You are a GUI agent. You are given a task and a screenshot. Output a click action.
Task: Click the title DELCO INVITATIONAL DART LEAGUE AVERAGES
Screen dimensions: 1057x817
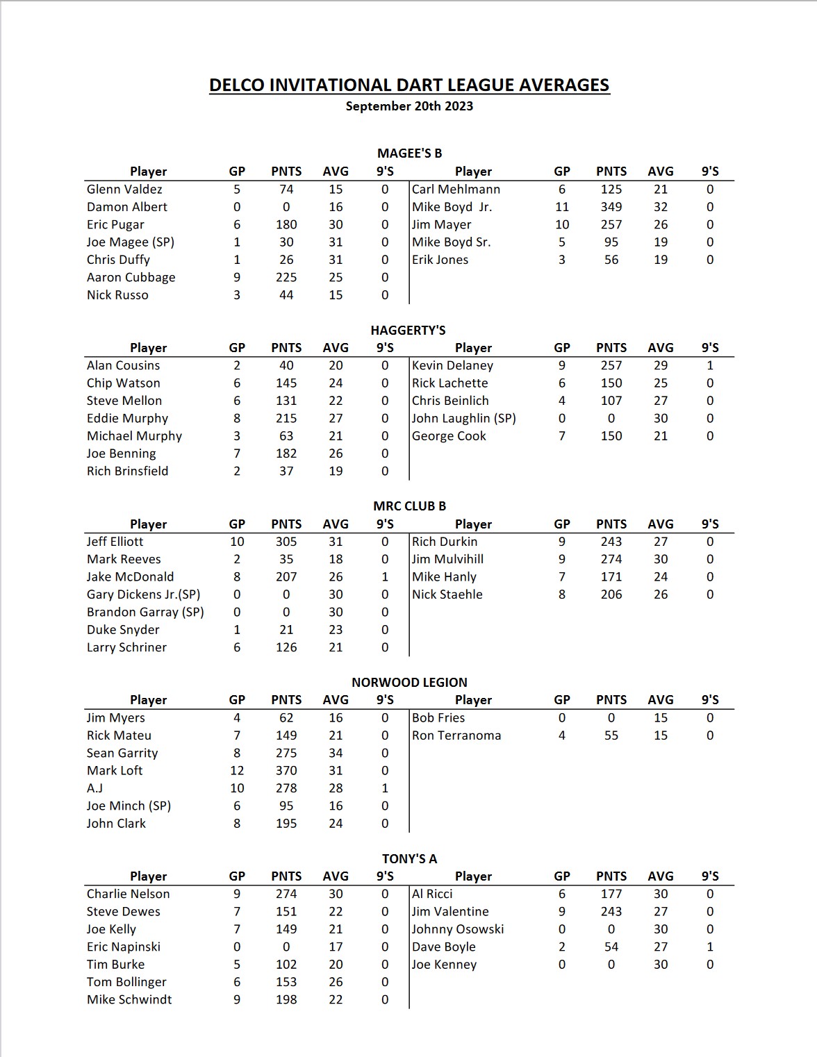(x=409, y=85)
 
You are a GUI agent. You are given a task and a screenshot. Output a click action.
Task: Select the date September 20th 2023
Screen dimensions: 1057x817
(x=409, y=106)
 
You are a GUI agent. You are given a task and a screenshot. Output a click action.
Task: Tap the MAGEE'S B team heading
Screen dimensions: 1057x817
(x=409, y=153)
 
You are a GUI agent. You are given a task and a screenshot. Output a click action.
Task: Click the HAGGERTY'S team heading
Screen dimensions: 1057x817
(x=408, y=330)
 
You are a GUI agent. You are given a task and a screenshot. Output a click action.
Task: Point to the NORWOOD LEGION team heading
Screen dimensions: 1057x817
(x=409, y=682)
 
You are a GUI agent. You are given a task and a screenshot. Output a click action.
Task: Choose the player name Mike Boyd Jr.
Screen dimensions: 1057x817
(x=452, y=207)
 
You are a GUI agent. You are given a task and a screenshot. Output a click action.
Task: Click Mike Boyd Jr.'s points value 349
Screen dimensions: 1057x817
(x=611, y=207)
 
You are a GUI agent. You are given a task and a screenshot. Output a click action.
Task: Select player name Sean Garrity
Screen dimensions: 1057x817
(x=122, y=753)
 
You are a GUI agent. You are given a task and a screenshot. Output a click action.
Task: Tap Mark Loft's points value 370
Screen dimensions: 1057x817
(x=286, y=770)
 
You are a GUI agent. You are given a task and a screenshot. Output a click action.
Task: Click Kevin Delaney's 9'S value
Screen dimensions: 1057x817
(x=710, y=365)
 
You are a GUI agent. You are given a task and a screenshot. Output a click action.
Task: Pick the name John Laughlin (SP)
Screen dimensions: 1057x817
(x=464, y=418)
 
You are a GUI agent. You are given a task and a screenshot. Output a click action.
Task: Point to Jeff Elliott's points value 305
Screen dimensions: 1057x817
(x=286, y=542)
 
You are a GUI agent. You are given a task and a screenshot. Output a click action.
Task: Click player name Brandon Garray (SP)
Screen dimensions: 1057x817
(x=145, y=612)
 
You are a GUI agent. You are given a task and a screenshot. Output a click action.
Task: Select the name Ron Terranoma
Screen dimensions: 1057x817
(x=456, y=735)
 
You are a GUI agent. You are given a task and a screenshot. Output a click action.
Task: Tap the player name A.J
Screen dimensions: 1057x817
(x=94, y=788)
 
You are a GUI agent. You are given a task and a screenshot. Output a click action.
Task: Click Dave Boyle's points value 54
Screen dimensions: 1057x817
(x=611, y=947)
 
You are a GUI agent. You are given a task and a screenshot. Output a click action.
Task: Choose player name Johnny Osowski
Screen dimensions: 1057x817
(x=458, y=929)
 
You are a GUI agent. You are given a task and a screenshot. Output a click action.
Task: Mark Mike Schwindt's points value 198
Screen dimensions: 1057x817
(x=286, y=999)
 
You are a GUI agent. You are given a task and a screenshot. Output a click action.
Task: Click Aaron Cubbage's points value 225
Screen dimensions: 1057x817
(x=286, y=277)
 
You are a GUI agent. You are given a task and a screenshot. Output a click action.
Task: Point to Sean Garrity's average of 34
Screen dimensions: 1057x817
(x=336, y=753)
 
